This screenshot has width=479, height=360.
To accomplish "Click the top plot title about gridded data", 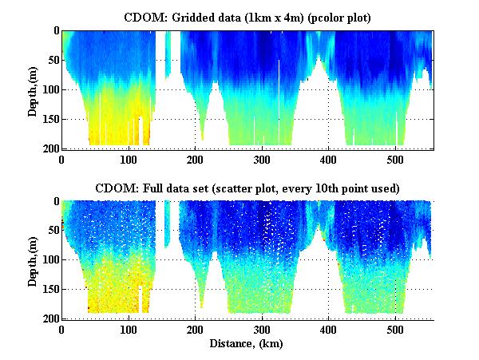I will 247,17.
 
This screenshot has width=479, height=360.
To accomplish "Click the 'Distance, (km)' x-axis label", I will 247,344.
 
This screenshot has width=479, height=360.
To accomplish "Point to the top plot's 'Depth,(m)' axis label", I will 33,89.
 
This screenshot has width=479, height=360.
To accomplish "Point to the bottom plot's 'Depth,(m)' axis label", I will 33,260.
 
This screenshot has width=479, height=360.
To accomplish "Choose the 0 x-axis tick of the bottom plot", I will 62,330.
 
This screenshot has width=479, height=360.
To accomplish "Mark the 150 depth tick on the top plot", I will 49,119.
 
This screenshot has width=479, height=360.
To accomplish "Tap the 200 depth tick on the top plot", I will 49,148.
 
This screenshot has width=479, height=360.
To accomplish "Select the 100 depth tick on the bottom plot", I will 49,260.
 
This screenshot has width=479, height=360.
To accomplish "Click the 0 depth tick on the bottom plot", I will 55,202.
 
